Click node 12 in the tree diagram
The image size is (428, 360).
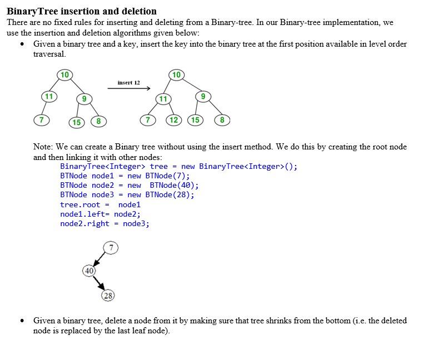click(174, 119)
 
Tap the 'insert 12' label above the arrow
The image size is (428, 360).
click(128, 82)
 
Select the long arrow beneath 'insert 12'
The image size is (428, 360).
click(129, 88)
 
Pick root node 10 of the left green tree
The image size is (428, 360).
click(65, 75)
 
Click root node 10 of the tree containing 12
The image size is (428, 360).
click(176, 75)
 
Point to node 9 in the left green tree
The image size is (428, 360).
click(83, 99)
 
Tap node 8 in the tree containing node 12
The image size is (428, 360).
click(222, 119)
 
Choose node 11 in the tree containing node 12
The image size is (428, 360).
click(163, 99)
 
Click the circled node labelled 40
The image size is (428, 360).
click(89, 271)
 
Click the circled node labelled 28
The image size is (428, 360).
click(108, 296)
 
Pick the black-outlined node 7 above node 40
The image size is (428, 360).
click(111, 247)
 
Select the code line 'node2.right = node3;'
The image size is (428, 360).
click(104, 223)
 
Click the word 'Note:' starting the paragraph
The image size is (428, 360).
click(43, 147)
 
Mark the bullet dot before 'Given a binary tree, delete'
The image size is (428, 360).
click(22, 321)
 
